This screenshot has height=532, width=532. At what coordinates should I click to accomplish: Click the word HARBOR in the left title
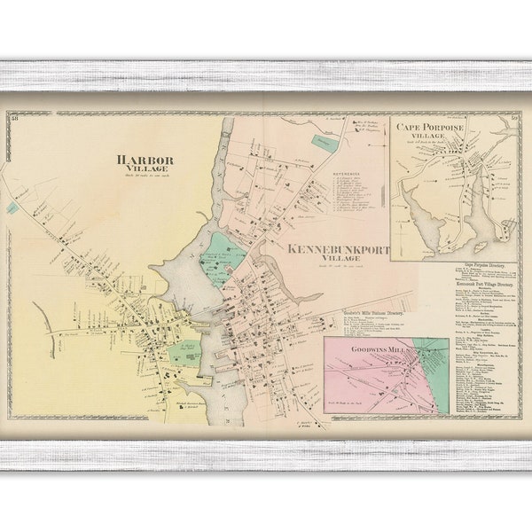145,160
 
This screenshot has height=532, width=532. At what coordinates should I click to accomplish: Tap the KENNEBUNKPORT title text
338,251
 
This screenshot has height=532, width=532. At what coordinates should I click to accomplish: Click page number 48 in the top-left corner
14,116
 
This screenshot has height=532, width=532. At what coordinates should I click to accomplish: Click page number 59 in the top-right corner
513,117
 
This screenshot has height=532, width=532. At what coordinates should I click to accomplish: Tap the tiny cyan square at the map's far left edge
12,207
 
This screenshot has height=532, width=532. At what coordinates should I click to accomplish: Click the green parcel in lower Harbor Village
184,356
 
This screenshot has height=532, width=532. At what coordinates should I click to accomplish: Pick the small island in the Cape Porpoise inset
480,246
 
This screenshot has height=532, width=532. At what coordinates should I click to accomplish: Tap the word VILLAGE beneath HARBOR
145,169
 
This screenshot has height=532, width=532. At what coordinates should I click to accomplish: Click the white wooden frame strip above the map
266,75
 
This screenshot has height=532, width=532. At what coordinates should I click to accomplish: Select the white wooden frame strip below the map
266,455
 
